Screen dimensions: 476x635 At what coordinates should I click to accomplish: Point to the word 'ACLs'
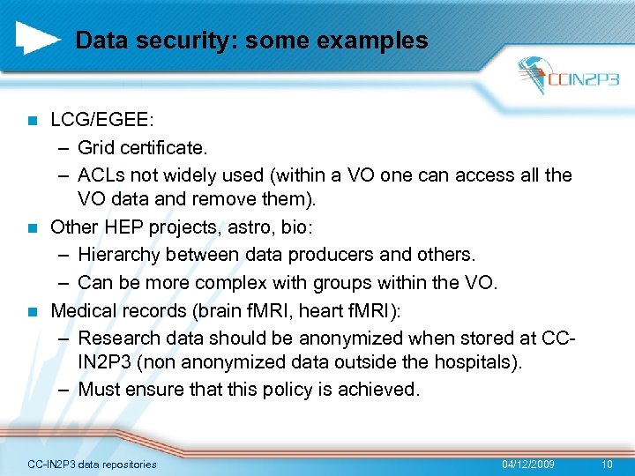pyautogui.click(x=101, y=175)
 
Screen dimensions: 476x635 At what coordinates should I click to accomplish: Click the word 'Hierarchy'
pyautogui.click(x=117, y=255)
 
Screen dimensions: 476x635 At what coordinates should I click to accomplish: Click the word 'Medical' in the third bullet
pyautogui.click(x=85, y=310)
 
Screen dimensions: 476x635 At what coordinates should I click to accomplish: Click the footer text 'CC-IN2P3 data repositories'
pyautogui.click(x=93, y=464)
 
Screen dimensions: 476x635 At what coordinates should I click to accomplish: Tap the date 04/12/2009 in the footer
pyautogui.click(x=528, y=464)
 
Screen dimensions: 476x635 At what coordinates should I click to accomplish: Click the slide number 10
pyautogui.click(x=606, y=464)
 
